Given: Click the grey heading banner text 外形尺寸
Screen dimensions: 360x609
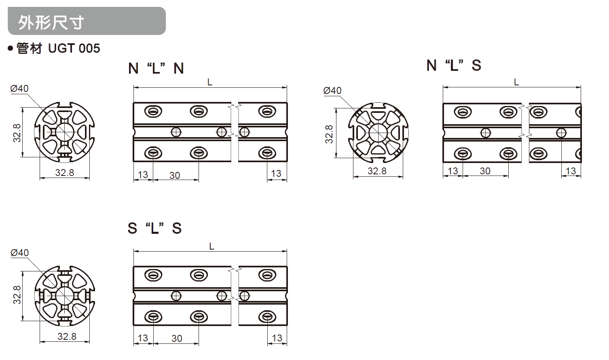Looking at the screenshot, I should pyautogui.click(x=51, y=22).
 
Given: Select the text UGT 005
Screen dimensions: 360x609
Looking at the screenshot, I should pyautogui.click(x=74, y=49).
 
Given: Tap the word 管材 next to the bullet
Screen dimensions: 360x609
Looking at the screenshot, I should pyautogui.click(x=29, y=49).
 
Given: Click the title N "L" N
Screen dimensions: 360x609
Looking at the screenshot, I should pyautogui.click(x=156, y=68).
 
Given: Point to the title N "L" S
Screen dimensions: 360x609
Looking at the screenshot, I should pyautogui.click(x=453, y=66).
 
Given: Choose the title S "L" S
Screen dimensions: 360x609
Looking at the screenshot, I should pyautogui.click(x=154, y=229).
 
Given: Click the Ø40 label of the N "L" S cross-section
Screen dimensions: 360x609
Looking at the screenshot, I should pyautogui.click(x=332, y=91).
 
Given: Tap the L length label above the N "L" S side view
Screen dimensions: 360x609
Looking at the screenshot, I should pyautogui.click(x=516, y=82).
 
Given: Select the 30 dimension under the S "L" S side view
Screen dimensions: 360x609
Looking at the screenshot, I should pyautogui.click(x=177, y=339).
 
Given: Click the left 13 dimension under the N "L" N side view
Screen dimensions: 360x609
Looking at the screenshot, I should pyautogui.click(x=143, y=175).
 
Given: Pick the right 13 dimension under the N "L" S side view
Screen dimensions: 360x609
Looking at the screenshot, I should pyautogui.click(x=571, y=171).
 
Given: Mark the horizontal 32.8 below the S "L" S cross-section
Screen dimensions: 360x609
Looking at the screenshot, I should pyautogui.click(x=67, y=337).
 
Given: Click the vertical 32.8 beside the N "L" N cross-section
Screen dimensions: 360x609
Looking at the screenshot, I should pyautogui.click(x=17, y=133).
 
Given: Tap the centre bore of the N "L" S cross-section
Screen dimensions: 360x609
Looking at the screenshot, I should pyautogui.click(x=378, y=133).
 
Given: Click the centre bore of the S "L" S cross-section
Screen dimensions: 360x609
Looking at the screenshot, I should pyautogui.click(x=64, y=296).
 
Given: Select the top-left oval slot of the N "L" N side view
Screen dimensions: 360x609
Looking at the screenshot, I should pyautogui.click(x=153, y=111).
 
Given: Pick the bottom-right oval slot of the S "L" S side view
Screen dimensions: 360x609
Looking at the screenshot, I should pyautogui.click(x=267, y=316).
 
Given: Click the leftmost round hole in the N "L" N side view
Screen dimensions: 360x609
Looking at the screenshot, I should pyautogui.click(x=176, y=132).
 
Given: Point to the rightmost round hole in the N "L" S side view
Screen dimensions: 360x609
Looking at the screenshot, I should pyautogui.click(x=561, y=133).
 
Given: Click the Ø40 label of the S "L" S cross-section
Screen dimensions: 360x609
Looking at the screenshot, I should pyautogui.click(x=19, y=253).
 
